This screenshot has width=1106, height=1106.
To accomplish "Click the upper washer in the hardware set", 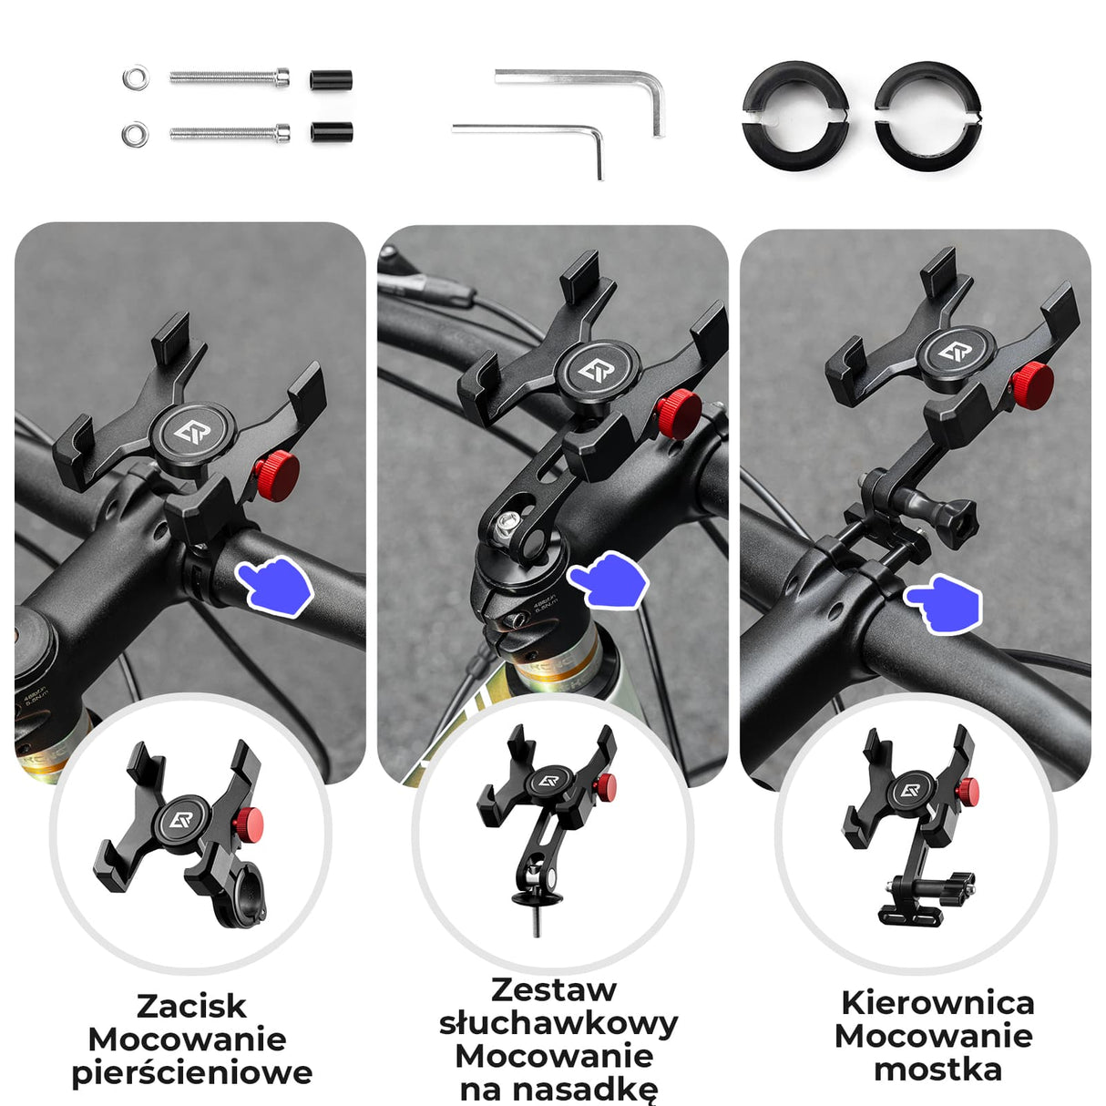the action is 136,77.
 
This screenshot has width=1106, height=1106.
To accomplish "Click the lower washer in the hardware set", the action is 136,134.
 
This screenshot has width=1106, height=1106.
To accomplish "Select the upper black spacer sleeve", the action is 332,79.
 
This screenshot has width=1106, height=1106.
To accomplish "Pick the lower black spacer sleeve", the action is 332,133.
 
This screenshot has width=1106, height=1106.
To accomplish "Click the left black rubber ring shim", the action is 795,117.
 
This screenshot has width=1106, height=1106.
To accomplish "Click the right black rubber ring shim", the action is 928,117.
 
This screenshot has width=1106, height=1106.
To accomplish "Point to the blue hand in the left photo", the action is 275,586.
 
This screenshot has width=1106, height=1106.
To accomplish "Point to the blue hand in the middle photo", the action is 609,580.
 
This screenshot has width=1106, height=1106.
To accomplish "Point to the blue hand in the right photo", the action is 944,604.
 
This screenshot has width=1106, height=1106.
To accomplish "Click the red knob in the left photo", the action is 277,476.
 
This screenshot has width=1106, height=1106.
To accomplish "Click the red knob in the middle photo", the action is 679,415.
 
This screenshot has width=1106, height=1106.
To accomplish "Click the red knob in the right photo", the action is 1032,385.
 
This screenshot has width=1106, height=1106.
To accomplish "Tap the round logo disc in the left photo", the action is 193,434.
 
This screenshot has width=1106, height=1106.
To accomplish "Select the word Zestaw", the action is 554,989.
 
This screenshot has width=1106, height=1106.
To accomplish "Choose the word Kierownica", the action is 937,1003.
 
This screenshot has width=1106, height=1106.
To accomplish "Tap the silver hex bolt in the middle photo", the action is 507,524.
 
